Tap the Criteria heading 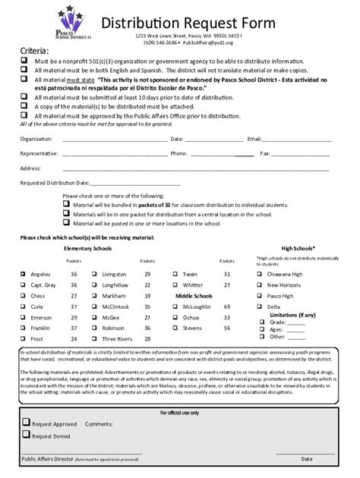pyautogui.click(x=33, y=52)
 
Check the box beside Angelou pyautogui.click(x=24, y=274)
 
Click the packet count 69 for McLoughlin pyautogui.click(x=226, y=307)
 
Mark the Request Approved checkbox pyautogui.click(x=26, y=423)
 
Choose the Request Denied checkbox pyautogui.click(x=26, y=435)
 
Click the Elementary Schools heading pyautogui.click(x=88, y=248)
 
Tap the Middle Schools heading pyautogui.click(x=194, y=295)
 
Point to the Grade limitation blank pyautogui.click(x=296, y=322)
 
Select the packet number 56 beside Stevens pyautogui.click(x=226, y=328)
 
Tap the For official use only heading pyautogui.click(x=180, y=412)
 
